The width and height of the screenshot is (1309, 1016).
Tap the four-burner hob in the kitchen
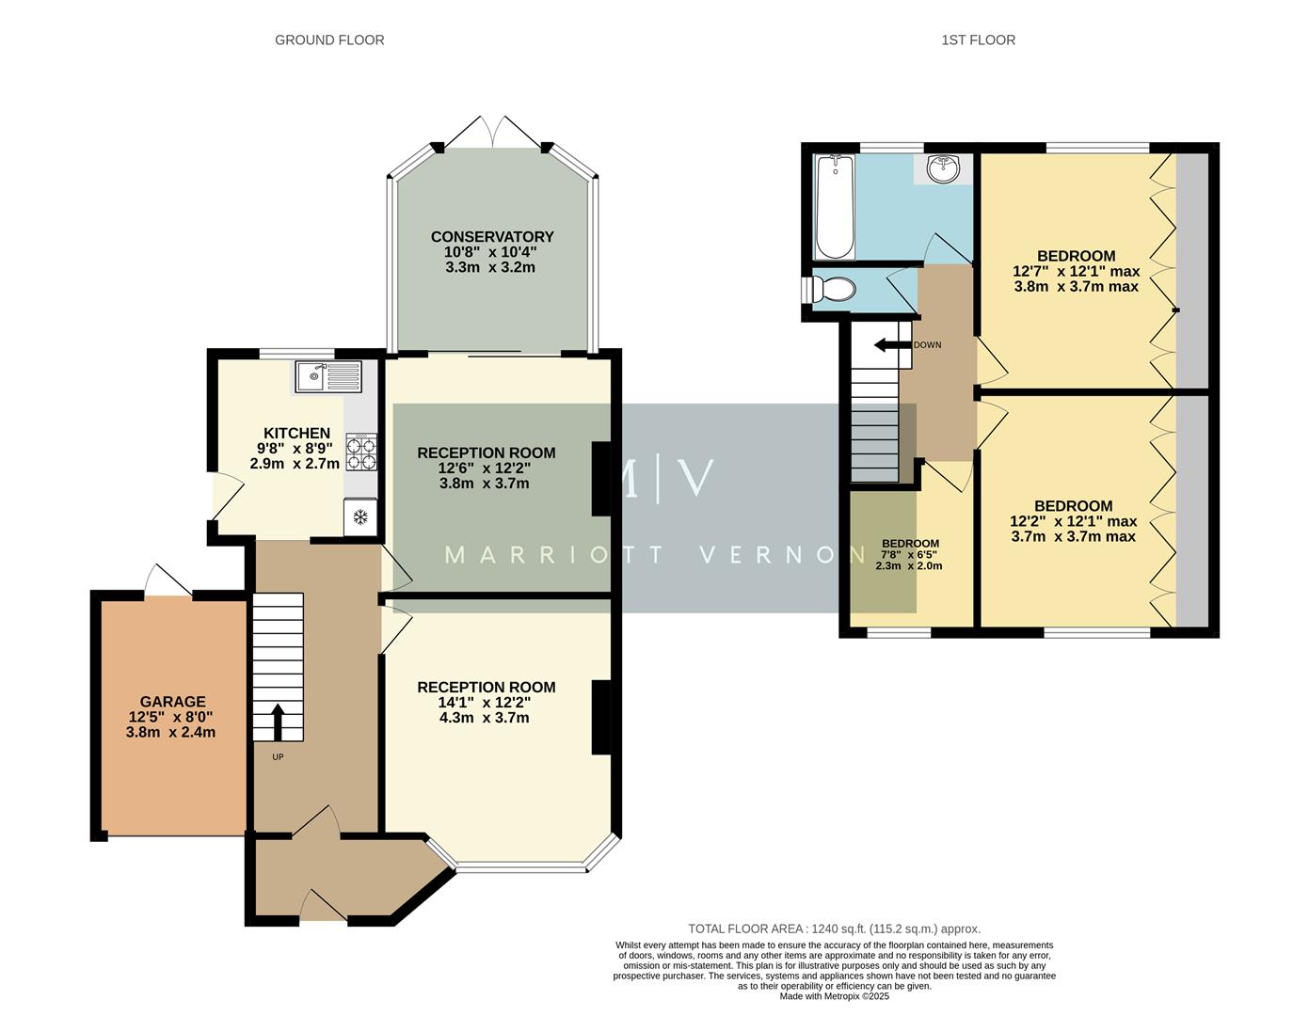(x=360, y=452)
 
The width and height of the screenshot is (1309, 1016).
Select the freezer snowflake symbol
(x=359, y=516)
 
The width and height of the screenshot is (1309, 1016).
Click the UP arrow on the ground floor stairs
(x=278, y=722)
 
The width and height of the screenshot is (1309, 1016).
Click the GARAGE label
(x=172, y=702)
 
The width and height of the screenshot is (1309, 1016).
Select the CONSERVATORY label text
(x=492, y=237)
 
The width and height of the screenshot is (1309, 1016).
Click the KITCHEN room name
(x=296, y=433)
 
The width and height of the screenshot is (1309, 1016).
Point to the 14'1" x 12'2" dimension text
(x=485, y=703)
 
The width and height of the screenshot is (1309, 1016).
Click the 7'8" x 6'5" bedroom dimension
(x=909, y=555)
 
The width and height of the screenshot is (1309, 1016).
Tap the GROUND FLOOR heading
(x=329, y=40)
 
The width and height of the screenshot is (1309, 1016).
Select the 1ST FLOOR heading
(x=978, y=40)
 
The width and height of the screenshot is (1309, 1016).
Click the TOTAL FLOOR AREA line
(x=834, y=929)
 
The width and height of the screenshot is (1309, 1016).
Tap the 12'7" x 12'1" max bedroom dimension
(x=1076, y=272)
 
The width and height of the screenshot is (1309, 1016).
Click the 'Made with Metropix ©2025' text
(x=834, y=996)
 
